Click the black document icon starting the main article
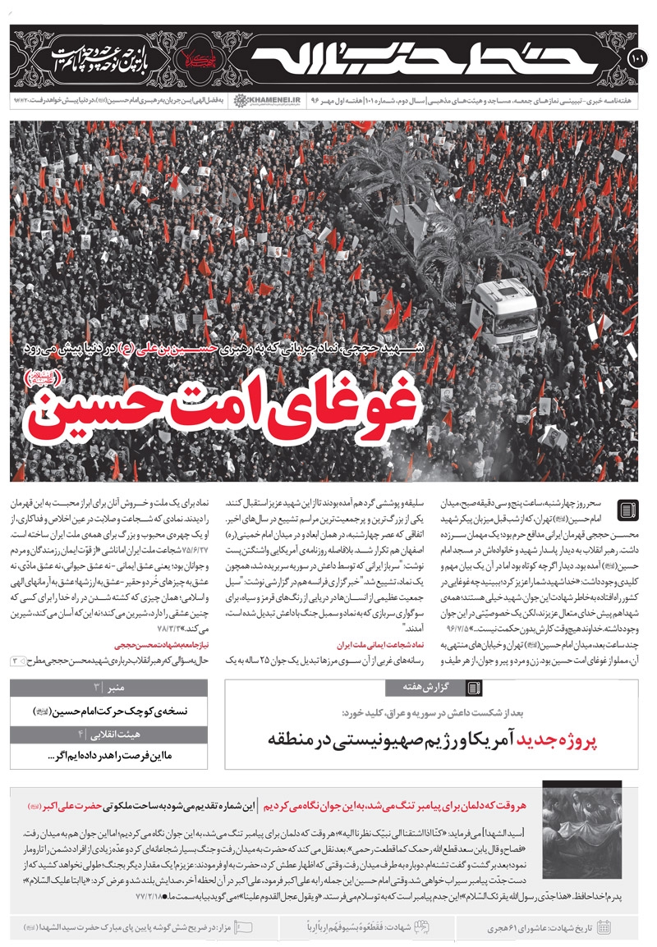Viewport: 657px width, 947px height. click(x=625, y=510)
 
